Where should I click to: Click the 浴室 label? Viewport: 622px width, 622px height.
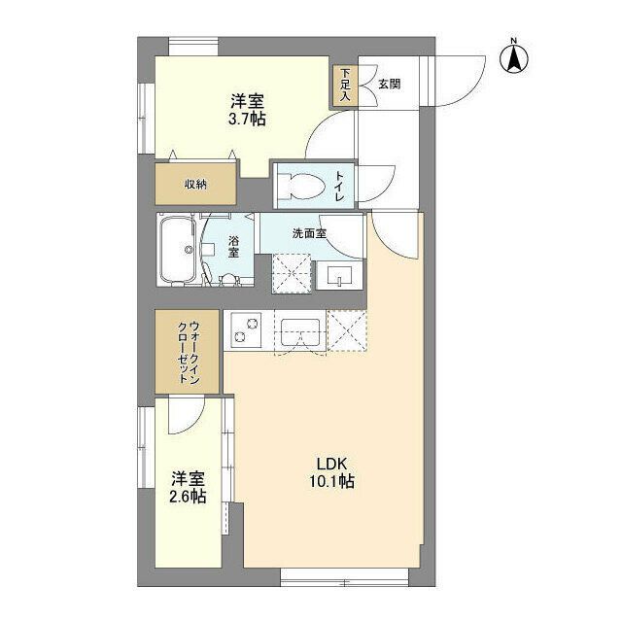tap(234, 247)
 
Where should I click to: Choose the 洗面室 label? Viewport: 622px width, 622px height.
tap(309, 233)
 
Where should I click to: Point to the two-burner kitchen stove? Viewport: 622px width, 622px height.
tap(243, 330)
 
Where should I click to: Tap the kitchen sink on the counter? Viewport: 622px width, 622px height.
tap(300, 331)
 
